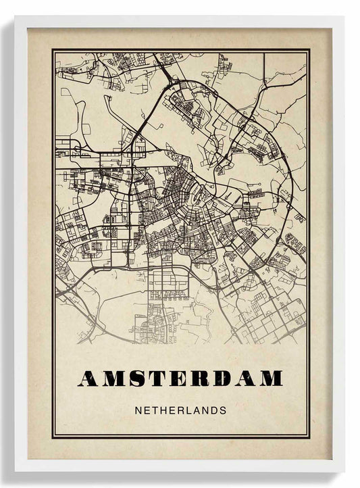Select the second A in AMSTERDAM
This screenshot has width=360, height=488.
(x=244, y=379)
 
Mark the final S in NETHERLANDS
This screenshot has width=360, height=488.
(x=223, y=410)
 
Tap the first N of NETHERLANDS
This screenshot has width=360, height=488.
(x=138, y=410)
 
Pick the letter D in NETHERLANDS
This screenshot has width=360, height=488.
(x=214, y=410)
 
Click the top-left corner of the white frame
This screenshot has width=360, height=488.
(x=16, y=17)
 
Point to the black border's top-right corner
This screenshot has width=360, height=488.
(x=309, y=49)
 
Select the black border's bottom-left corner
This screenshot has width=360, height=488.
(x=53, y=437)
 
